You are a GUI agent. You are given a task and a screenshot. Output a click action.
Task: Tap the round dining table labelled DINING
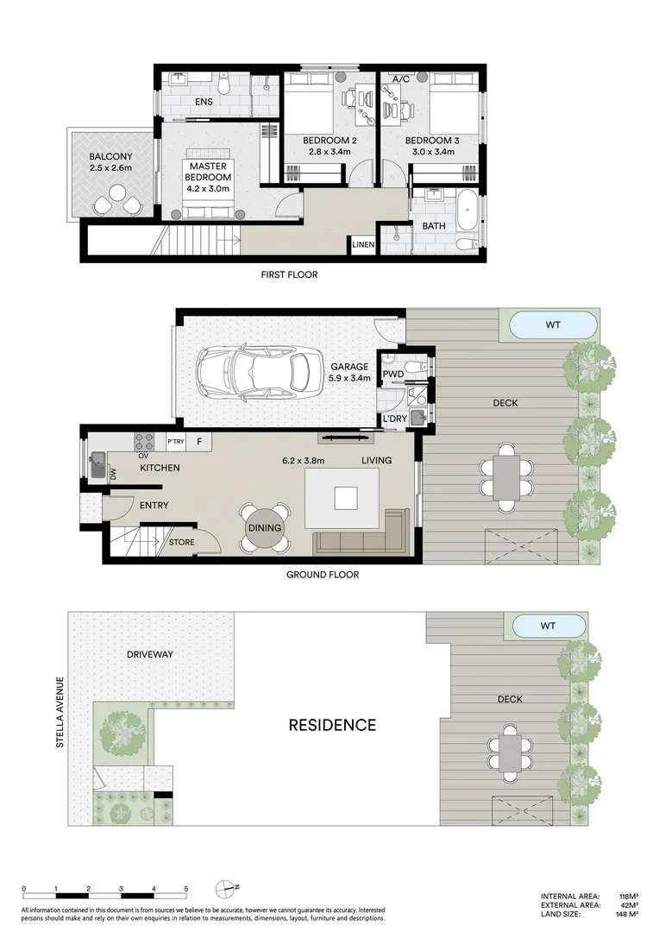pyautogui.click(x=265, y=528)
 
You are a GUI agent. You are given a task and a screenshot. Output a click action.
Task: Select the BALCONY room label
pyautogui.click(x=110, y=156)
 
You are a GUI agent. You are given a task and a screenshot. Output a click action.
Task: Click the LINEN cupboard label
pyautogui.click(x=363, y=244)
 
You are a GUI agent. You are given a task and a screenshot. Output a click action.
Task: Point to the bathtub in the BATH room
pyautogui.click(x=467, y=210)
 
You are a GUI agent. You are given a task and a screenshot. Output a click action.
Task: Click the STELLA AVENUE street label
pyautogui.click(x=60, y=711)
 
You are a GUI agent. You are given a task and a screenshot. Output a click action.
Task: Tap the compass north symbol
pyautogui.click(x=226, y=889)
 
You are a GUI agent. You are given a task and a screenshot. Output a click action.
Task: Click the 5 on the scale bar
pyautogui.click(x=186, y=889)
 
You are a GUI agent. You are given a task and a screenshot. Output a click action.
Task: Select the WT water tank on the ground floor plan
pyautogui.click(x=553, y=325)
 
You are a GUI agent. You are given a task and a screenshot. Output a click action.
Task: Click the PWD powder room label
pyautogui.click(x=392, y=374)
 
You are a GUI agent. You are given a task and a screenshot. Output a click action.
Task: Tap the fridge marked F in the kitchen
pyautogui.click(x=199, y=441)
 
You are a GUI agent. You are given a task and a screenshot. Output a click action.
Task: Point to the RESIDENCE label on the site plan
pyautogui.click(x=332, y=725)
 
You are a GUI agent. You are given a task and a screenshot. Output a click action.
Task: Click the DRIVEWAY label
pyautogui.click(x=150, y=654)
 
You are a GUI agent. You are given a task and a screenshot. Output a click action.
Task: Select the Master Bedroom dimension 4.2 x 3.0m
pyautogui.click(x=208, y=188)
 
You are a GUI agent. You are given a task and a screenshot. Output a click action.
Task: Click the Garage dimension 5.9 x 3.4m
pyautogui.click(x=349, y=377)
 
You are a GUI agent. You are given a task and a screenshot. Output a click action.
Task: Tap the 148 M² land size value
pyautogui.click(x=627, y=914)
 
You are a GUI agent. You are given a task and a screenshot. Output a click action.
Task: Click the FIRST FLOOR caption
pyautogui.click(x=289, y=274)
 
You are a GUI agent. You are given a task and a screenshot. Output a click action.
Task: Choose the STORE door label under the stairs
pyautogui.click(x=181, y=542)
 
